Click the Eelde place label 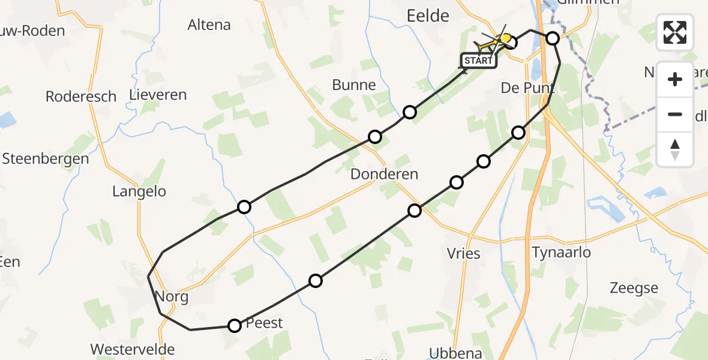point(428,16)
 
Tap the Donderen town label point(385,174)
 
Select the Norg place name point(172,296)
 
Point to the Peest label point(265,323)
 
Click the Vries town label point(464,253)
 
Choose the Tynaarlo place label point(561,252)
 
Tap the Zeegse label point(634,288)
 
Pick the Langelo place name point(139,192)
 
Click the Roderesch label point(81,97)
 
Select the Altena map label point(209,25)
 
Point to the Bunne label point(354,85)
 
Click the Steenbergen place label point(46,159)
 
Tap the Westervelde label point(133,349)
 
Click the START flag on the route point(478,61)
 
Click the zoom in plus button point(675,79)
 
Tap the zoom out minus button point(675,114)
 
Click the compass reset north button point(675,149)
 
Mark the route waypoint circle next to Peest point(235,326)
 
